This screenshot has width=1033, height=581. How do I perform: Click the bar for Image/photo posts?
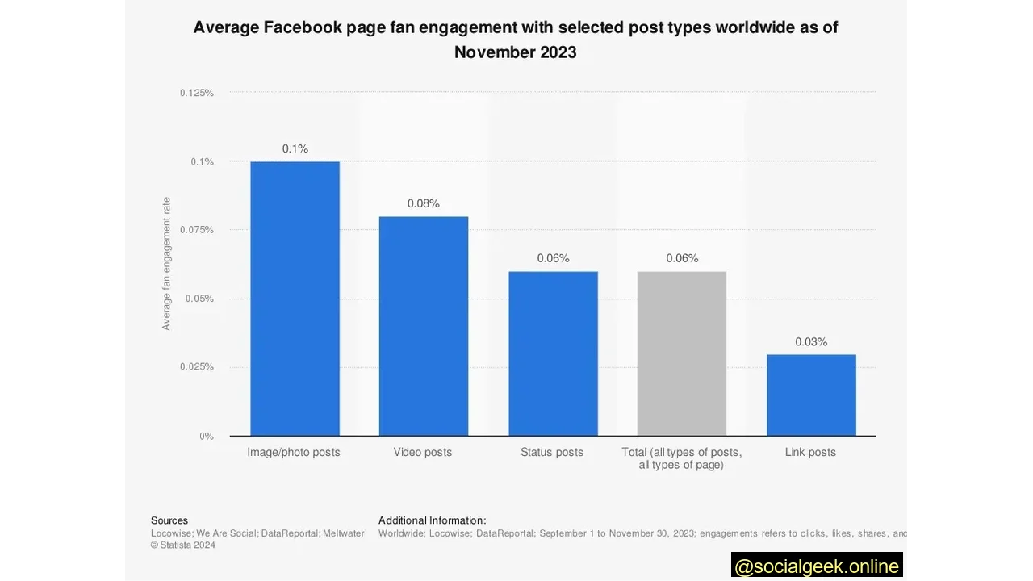295,299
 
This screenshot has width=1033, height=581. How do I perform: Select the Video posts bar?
424,326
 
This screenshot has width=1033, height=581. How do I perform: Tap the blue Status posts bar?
553,353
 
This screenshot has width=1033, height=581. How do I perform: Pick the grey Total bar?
682,353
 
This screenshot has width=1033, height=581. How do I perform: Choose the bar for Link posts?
811,395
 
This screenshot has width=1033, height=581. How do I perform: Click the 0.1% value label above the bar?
295,148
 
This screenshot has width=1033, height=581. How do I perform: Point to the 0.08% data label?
424,203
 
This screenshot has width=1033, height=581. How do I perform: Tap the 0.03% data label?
811,342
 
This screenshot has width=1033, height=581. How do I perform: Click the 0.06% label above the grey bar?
682,258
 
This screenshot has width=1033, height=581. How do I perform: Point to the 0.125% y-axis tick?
197,93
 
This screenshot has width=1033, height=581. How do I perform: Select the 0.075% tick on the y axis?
197,230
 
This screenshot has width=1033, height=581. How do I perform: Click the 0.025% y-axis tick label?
197,367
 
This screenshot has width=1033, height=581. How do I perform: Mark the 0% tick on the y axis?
207,437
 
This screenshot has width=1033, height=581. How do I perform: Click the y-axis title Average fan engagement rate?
167,264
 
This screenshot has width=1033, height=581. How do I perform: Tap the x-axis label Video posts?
423,452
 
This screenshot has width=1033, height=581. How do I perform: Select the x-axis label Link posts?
810,452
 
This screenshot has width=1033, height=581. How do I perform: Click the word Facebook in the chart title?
302,27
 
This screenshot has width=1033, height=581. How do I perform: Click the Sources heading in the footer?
169,520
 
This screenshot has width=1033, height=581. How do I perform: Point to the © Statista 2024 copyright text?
183,545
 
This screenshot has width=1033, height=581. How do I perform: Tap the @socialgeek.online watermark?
817,566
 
